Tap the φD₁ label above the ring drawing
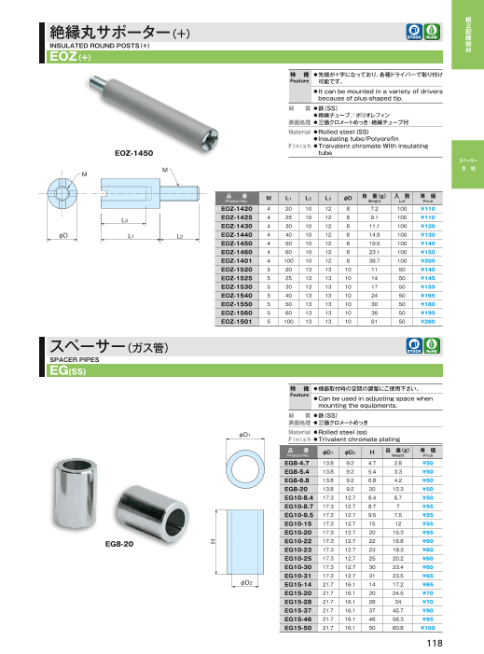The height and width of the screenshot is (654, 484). click(x=243, y=435)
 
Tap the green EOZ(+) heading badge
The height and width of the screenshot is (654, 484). click(x=70, y=56)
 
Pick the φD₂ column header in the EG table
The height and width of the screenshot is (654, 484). click(x=350, y=452)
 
